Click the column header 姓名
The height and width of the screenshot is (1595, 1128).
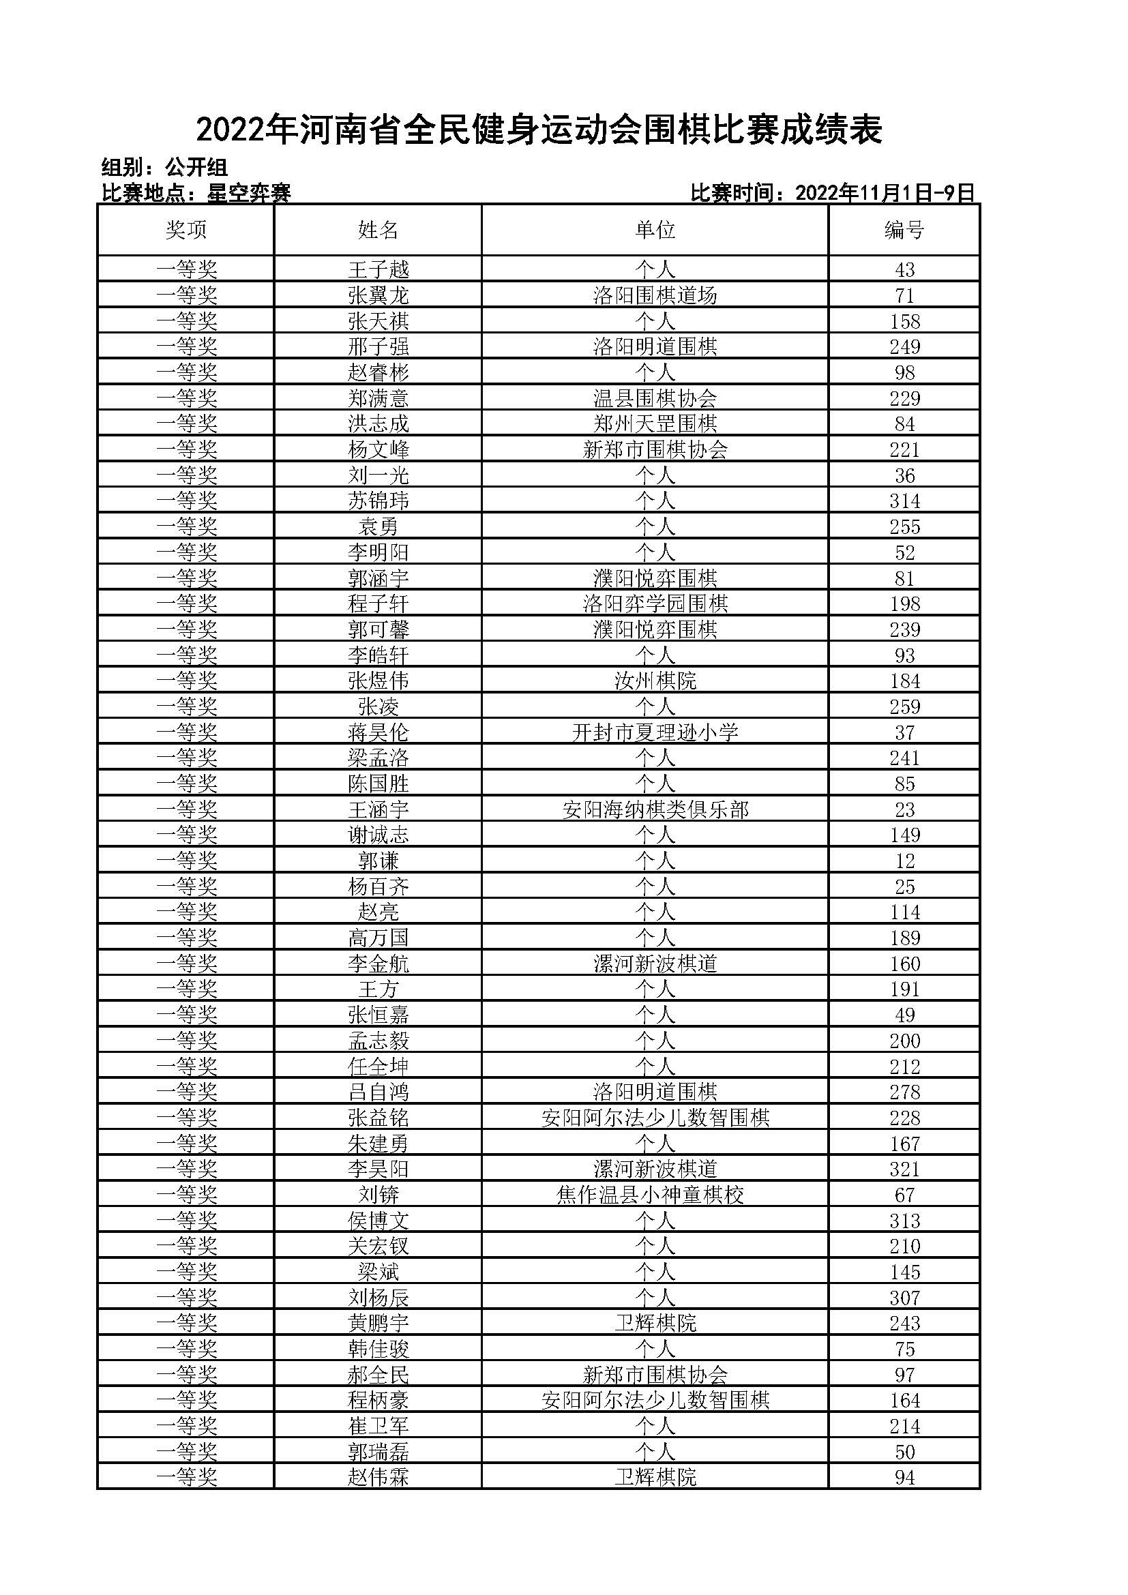pyautogui.click(x=378, y=230)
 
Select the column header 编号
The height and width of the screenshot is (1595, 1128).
pyautogui.click(x=904, y=230)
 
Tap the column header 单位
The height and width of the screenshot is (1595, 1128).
pyautogui.click(x=654, y=230)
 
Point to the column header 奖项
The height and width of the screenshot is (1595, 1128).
pyautogui.click(x=186, y=230)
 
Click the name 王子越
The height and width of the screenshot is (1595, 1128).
pyautogui.click(x=378, y=269)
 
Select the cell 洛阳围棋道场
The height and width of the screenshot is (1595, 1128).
pyautogui.click(x=654, y=295)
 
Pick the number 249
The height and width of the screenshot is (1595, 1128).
pyautogui.click(x=904, y=346)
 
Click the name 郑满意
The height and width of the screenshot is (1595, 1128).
pyautogui.click(x=378, y=398)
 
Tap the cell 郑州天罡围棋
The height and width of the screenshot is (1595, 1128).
pyautogui.click(x=654, y=423)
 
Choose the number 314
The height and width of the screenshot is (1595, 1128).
pyautogui.click(x=904, y=501)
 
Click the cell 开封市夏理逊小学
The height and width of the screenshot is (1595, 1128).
pyautogui.click(x=654, y=732)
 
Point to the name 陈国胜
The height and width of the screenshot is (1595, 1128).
pyautogui.click(x=378, y=784)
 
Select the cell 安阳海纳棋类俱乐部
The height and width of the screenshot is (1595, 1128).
pyautogui.click(x=654, y=809)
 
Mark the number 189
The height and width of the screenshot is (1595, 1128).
pyautogui.click(x=904, y=938)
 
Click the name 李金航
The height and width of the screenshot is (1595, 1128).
pyautogui.click(x=378, y=964)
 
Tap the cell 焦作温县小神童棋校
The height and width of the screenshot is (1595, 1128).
pyautogui.click(x=650, y=1195)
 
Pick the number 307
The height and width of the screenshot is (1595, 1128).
pyautogui.click(x=904, y=1298)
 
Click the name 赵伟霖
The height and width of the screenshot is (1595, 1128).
pyautogui.click(x=378, y=1478)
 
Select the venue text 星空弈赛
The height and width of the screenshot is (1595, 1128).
pyautogui.click(x=249, y=194)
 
